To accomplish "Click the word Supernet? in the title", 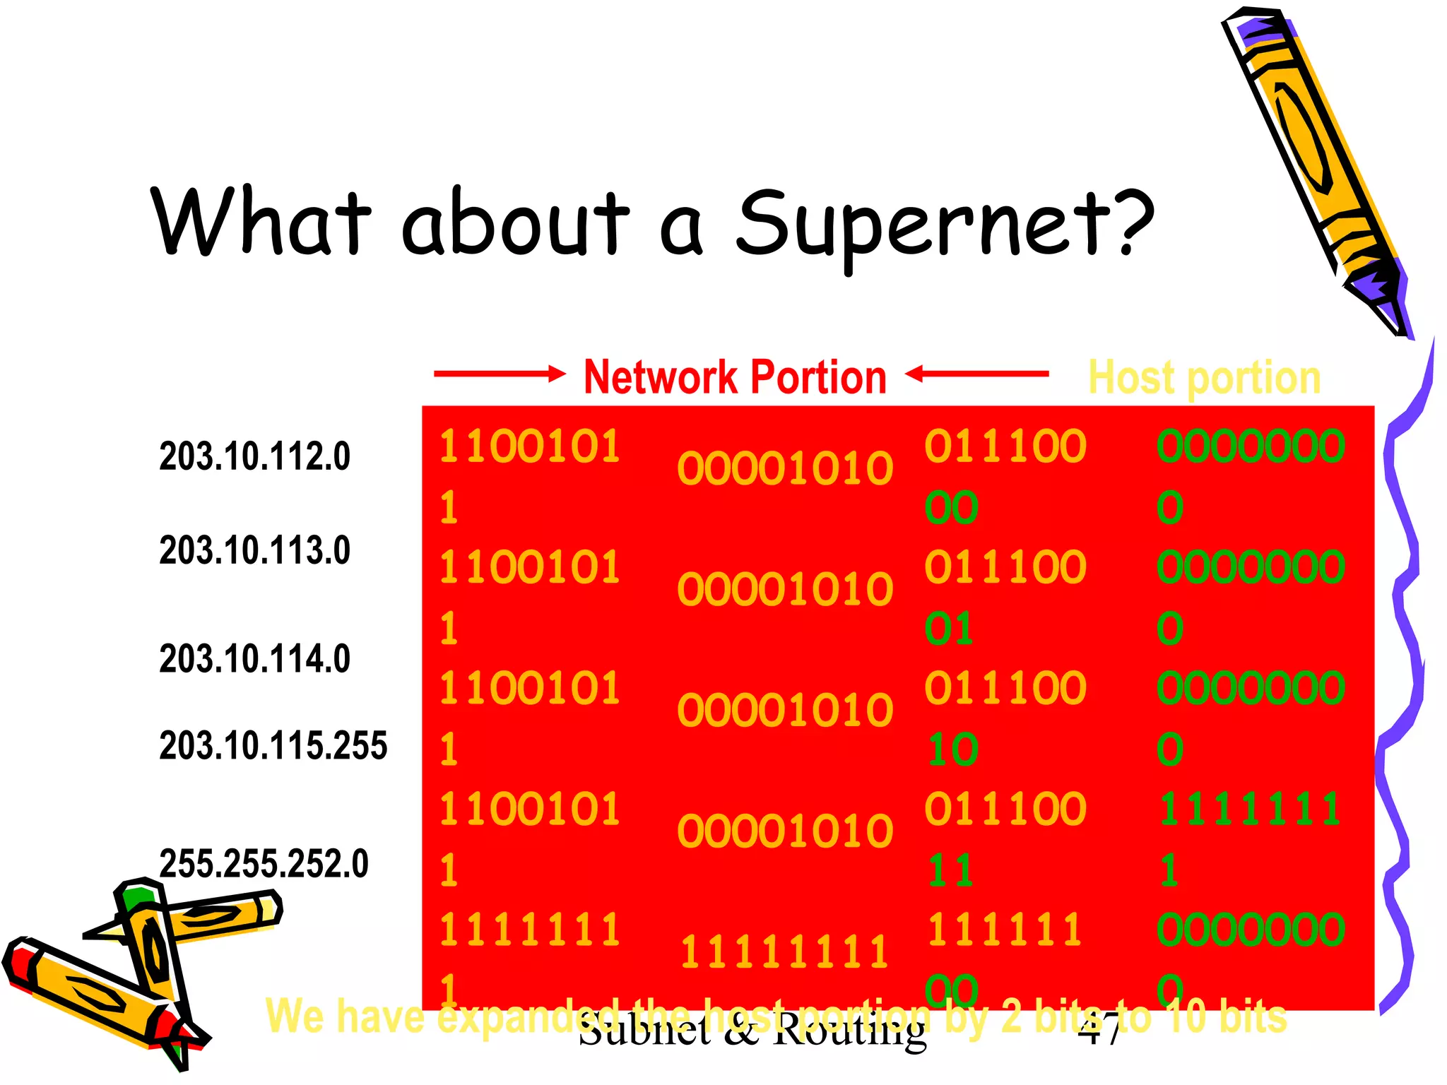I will point(943,225).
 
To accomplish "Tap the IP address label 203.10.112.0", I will point(254,456).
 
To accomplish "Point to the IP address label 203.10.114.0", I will point(254,658).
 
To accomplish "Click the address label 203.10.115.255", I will point(273,745).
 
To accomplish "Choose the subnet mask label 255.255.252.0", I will point(264,863).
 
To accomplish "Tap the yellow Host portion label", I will point(1204,377).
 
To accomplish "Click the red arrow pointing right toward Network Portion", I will point(499,373).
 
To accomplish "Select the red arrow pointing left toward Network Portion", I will point(976,373).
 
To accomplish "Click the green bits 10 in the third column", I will point(952,749).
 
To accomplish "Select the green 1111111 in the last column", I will point(1249,809).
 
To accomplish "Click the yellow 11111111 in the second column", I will point(784,952).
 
